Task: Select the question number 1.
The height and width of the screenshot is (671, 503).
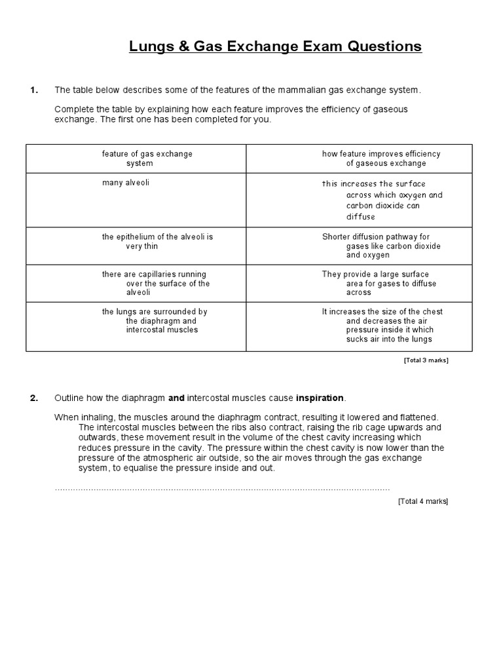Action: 34,90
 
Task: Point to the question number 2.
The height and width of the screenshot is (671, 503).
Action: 34,398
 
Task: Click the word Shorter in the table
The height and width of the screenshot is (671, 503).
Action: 339,237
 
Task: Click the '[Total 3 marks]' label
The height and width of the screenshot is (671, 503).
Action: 426,360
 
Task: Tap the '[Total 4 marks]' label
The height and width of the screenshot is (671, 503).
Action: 423,501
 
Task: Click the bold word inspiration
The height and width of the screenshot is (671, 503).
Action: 320,398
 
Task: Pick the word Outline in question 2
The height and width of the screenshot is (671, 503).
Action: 69,398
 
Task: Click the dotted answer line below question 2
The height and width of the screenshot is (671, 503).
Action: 222,489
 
